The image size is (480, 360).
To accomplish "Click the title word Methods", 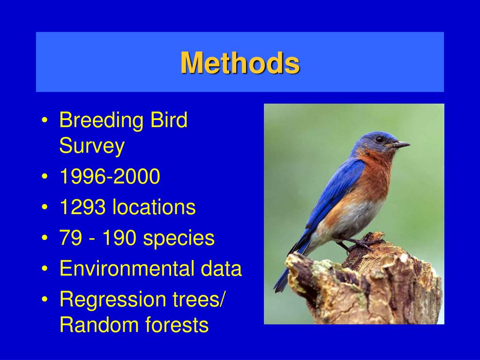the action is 240,63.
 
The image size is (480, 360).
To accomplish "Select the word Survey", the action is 92,146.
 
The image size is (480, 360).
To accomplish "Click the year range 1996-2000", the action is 110,176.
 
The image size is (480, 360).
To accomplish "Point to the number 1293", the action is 82,207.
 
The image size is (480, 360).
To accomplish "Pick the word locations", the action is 154,207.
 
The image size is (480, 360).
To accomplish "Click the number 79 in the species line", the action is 71,238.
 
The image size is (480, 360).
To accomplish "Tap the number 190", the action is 119,238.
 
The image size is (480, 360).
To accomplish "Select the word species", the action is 179,239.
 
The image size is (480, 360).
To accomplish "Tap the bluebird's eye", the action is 380,139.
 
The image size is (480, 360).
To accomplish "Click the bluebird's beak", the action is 400,144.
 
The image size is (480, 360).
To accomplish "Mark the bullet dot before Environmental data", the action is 45,269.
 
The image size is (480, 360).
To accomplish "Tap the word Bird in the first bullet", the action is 169,120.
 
